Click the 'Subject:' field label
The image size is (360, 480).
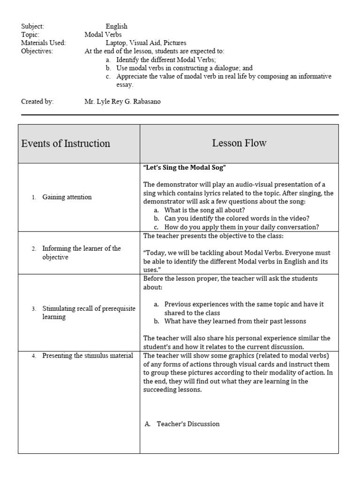point(32,26)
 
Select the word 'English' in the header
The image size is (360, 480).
point(116,26)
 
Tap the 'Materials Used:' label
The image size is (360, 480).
point(43,43)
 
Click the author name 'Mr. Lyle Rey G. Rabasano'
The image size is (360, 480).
point(122,101)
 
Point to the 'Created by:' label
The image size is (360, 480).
point(37,101)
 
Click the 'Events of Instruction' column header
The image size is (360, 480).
point(66,143)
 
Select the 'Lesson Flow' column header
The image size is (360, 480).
point(239,143)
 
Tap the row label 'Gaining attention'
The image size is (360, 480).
point(67,197)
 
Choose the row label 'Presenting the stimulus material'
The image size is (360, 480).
point(87,356)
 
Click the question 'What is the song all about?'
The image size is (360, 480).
point(204,210)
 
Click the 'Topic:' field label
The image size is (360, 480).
point(30,35)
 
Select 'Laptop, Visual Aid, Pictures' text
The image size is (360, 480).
point(146,43)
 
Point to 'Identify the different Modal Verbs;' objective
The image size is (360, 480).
point(166,60)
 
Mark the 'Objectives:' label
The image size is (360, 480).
point(37,51)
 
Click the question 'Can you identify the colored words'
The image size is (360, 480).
point(237,218)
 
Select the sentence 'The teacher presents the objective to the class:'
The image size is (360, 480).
point(220,236)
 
